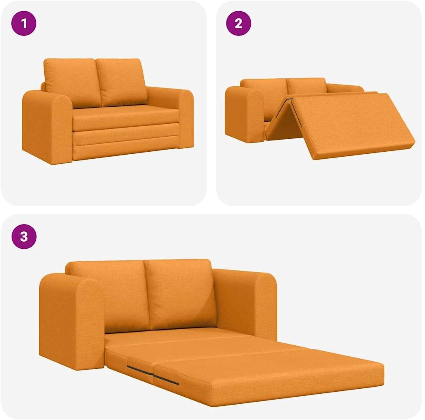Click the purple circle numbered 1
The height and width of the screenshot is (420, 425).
tap(24, 23)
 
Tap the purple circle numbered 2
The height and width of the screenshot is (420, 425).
tap(239, 23)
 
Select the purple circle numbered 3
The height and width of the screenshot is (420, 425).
tap(24, 236)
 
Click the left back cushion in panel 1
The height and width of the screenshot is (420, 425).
tap(73, 82)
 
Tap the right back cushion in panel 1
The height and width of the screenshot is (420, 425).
tap(121, 82)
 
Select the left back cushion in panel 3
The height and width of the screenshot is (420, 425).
tap(108, 295)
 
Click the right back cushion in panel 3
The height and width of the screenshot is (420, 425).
tap(180, 294)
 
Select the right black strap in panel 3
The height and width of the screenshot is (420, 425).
tap(166, 380)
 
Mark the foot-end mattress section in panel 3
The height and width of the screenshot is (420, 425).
tap(271, 376)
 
